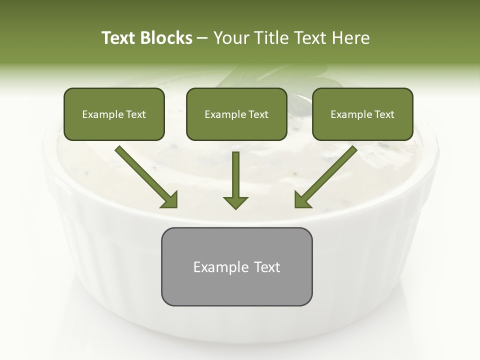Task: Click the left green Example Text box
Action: pyautogui.click(x=114, y=114)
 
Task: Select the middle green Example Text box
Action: pyautogui.click(x=236, y=114)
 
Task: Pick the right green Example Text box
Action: pyautogui.click(x=362, y=114)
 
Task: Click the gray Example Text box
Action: pyautogui.click(x=236, y=266)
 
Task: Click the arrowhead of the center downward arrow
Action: pyautogui.click(x=235, y=202)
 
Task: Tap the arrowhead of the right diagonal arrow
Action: pyautogui.click(x=302, y=199)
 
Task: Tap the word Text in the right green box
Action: pyautogui.click(x=384, y=114)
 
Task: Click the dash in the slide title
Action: pyautogui.click(x=202, y=38)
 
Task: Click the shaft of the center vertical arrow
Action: pyautogui.click(x=235, y=172)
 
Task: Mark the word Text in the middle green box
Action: pyautogui.click(x=258, y=114)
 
